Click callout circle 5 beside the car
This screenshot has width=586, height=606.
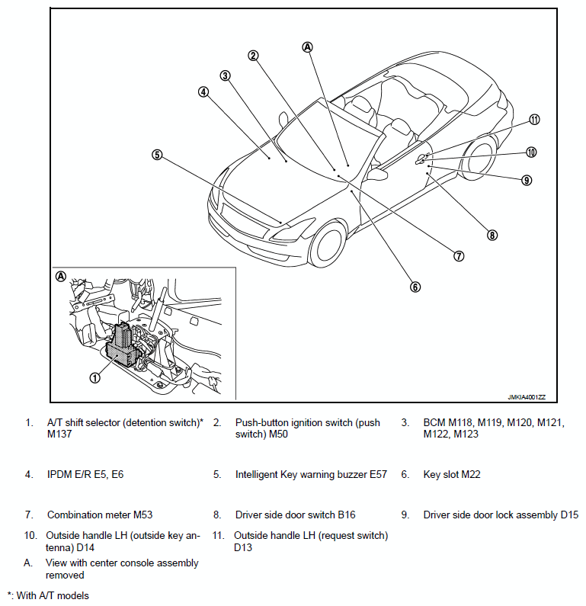[157, 154]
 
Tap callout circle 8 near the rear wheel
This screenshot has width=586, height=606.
[492, 235]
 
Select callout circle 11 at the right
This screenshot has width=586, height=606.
[534, 120]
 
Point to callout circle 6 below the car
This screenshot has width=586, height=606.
[415, 287]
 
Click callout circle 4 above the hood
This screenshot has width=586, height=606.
[203, 92]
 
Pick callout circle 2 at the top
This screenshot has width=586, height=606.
[253, 55]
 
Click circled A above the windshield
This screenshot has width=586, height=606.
[308, 46]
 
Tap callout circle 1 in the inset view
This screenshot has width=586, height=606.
[95, 377]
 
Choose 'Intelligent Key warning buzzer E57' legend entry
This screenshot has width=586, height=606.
[311, 474]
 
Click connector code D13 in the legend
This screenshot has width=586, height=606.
[243, 547]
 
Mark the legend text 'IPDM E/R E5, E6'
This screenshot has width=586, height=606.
[85, 474]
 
